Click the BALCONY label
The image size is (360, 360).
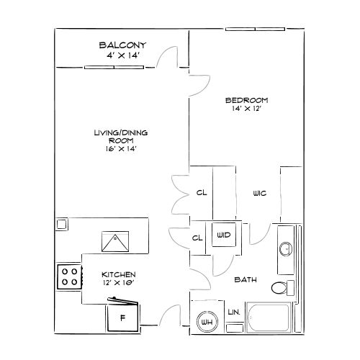click(122, 45)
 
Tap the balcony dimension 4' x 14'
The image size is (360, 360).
click(123, 55)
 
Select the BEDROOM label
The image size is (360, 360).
click(247, 100)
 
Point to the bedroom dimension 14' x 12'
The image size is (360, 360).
click(246, 109)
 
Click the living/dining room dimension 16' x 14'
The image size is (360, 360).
click(121, 149)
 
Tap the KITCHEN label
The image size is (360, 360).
click(119, 274)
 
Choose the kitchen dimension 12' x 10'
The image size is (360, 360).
click(118, 283)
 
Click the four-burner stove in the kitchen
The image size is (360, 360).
click(70, 276)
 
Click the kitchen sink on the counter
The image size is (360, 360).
click(115, 241)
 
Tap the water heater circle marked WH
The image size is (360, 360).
click(207, 322)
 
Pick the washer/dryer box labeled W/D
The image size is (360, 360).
click(224, 235)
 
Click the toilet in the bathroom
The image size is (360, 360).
click(283, 287)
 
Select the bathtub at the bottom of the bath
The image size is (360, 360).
click(269, 318)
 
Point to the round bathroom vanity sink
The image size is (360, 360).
click(286, 249)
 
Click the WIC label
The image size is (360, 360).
click(260, 193)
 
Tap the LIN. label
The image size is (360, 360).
click(234, 312)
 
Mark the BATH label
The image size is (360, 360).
click(246, 279)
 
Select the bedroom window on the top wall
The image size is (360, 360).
click(255, 30)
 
